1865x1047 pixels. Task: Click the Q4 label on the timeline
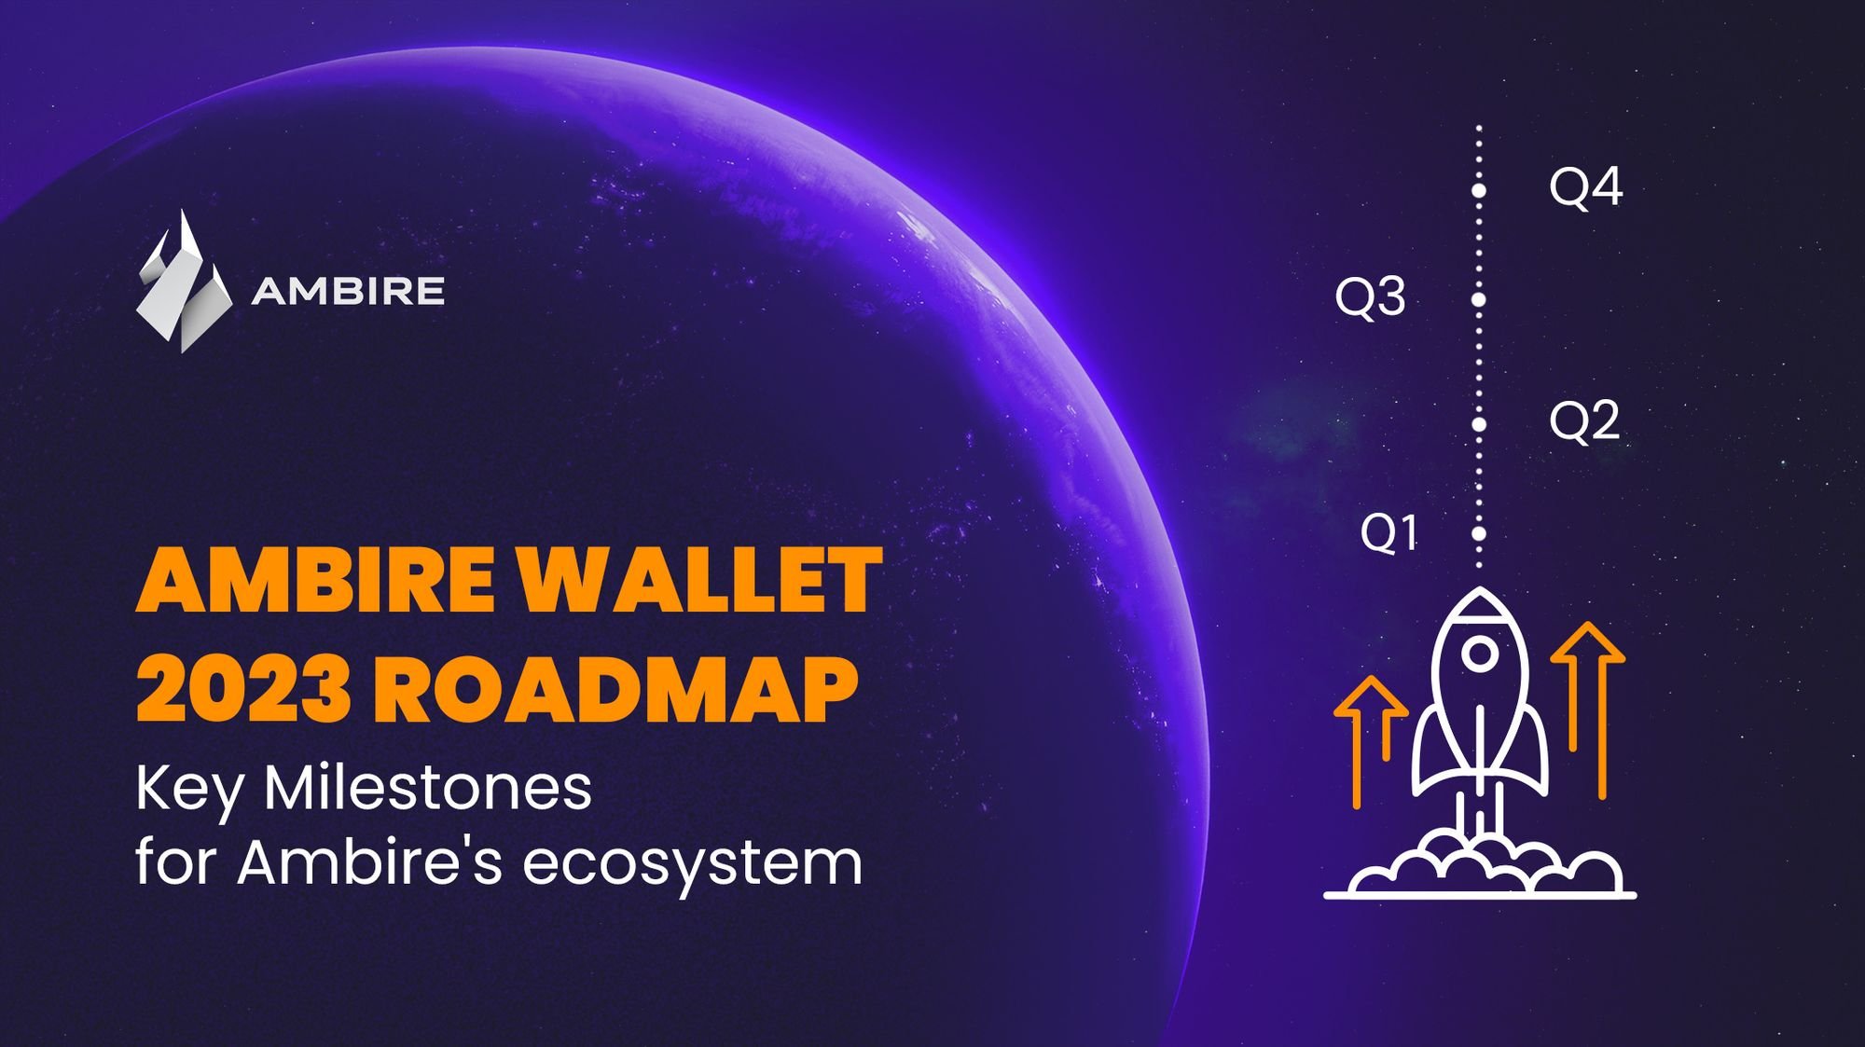[1585, 187]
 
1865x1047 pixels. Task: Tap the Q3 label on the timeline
[1370, 297]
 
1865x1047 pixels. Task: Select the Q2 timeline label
[1584, 421]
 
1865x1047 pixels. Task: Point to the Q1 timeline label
[1388, 533]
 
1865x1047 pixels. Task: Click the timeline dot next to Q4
[1479, 190]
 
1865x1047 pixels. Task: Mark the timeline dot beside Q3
[1479, 300]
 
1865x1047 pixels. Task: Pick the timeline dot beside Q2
[1479, 424]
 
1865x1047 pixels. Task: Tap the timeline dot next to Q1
[1479, 534]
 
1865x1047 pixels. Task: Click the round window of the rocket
[1480, 654]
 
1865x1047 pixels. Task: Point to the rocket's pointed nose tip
[1480, 588]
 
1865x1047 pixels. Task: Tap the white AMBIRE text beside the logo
[348, 291]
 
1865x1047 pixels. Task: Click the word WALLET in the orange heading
[699, 580]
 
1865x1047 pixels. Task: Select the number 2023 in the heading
[244, 688]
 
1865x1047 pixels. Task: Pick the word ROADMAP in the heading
[615, 688]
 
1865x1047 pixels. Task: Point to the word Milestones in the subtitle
[428, 789]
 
